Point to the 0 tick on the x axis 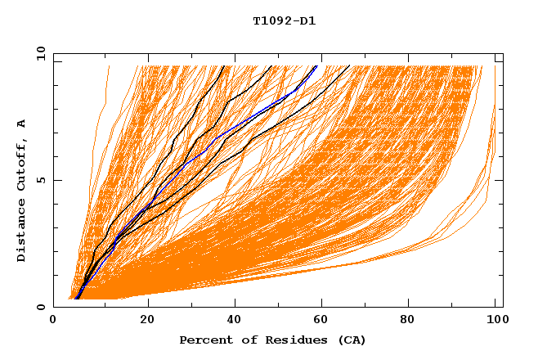[53, 321]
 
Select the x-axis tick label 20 [147, 321]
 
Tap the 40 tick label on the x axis [235, 321]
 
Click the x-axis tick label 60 [323, 321]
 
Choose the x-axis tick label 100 [495, 321]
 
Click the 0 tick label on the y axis [40, 307]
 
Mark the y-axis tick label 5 [40, 180]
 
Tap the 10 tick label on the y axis [38, 53]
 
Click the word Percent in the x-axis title [203, 340]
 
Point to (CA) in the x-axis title [349, 340]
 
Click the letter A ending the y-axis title [22, 124]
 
